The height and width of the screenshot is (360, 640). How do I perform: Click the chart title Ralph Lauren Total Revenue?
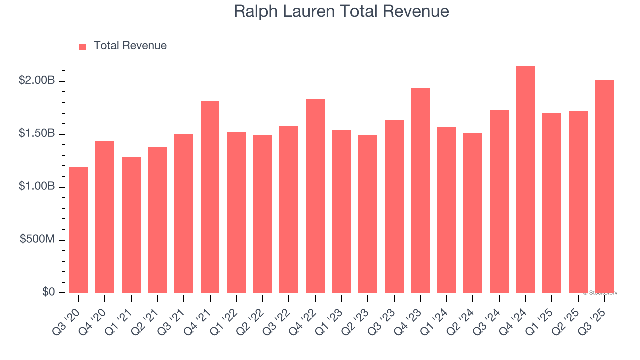pos(341,11)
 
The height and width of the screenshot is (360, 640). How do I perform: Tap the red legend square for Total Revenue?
pos(83,46)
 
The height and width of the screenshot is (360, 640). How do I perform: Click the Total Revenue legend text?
pos(130,46)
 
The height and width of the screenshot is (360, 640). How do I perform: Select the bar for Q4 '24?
pos(525,180)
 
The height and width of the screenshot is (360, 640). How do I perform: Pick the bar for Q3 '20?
pos(79,230)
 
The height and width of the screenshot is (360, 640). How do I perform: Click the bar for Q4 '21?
pos(210,197)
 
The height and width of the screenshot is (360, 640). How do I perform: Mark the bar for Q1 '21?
pos(131,225)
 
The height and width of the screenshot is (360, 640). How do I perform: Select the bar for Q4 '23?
pos(420,190)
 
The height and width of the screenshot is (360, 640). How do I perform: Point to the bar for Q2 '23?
pos(368,214)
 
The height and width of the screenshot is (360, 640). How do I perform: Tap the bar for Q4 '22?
pos(315,196)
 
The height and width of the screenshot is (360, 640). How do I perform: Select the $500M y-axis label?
pos(37,239)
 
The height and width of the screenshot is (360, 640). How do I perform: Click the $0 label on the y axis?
pos(48,292)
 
